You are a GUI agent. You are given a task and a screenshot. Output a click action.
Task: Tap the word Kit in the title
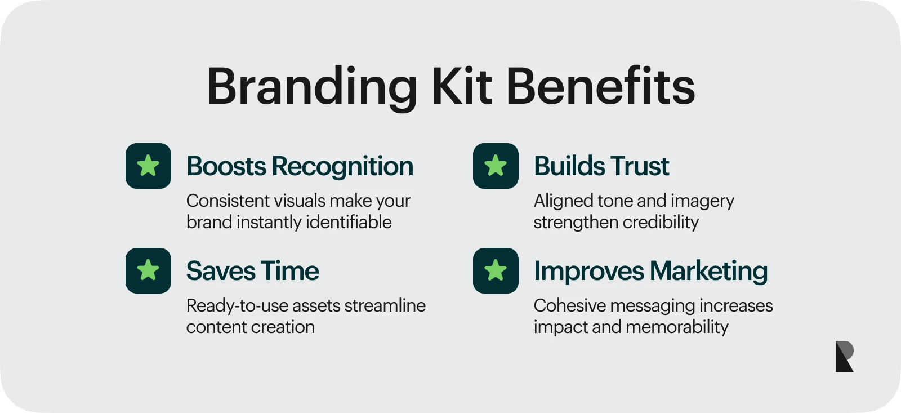tap(462, 86)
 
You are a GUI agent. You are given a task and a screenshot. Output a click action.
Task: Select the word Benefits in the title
tap(601, 86)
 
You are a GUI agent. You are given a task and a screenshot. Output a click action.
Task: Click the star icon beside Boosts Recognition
tap(149, 166)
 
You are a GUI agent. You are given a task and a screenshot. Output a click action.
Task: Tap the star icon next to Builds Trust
tap(496, 166)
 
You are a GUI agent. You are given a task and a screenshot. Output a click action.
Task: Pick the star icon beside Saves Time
tap(149, 270)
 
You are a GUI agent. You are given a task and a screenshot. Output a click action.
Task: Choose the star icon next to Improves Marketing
tap(496, 270)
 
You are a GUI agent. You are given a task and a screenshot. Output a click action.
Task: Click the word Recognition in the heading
tap(343, 167)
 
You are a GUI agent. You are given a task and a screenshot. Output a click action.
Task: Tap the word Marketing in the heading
tap(709, 272)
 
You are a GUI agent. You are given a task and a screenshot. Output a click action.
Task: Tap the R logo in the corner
tap(844, 356)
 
